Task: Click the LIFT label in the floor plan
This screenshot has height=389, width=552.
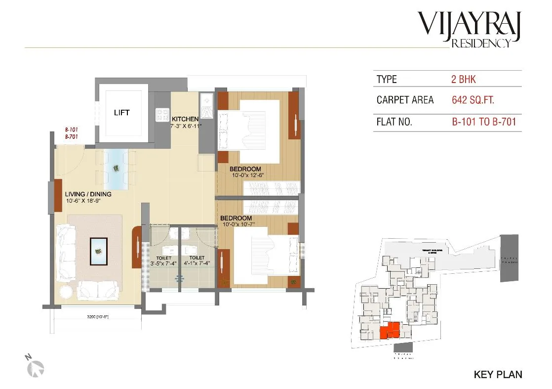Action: [x=121, y=113]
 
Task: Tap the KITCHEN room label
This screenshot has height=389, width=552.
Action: [x=185, y=119]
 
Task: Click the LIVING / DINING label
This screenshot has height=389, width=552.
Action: [x=88, y=194]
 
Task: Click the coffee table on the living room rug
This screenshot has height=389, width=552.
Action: [x=99, y=251]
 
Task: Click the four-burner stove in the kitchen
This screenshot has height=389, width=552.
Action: [x=162, y=115]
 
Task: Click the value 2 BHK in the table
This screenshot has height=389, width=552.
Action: [x=464, y=79]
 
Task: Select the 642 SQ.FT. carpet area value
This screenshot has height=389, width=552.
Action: [x=473, y=100]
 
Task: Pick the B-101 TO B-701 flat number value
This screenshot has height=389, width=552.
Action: [x=484, y=122]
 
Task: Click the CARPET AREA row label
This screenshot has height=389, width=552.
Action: [x=405, y=100]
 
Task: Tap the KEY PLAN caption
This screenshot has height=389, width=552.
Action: [x=498, y=375]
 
